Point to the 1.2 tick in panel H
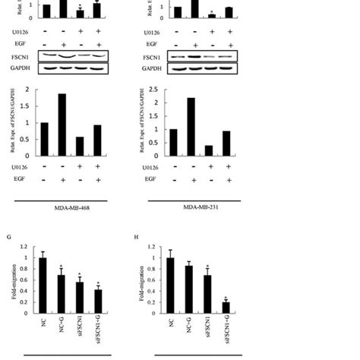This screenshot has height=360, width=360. click(153, 248)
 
